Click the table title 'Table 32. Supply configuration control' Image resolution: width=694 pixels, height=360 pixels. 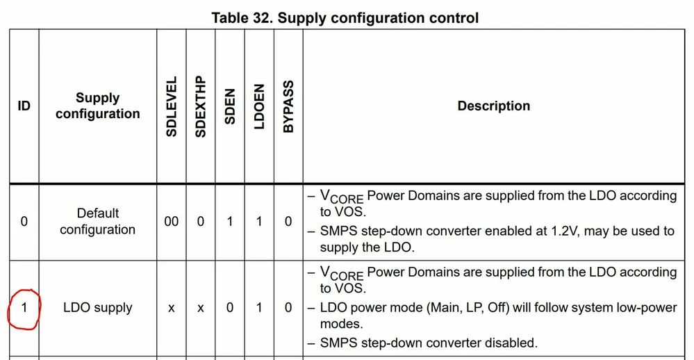345,17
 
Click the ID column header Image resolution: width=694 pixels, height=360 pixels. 24,106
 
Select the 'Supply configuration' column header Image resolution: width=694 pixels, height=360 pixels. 98,106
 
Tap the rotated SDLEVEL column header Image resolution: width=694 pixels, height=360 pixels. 172,106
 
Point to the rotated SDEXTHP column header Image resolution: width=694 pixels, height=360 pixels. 201,106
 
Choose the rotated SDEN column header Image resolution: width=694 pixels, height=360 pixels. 230,106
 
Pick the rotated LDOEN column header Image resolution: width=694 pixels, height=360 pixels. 259,106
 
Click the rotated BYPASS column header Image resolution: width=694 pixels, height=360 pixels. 288,106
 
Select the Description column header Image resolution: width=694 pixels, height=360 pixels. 493,106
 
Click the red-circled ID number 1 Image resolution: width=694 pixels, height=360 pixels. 24,307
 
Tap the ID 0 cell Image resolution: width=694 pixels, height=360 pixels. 24,222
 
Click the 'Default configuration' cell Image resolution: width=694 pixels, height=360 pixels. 98,222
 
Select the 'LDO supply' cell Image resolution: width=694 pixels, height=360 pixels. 98,307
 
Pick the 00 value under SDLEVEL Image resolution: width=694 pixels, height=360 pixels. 172,222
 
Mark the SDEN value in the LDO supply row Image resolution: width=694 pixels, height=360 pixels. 230,307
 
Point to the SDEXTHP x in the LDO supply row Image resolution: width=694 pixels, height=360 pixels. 201,308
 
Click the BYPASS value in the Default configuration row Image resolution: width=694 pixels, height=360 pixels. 288,222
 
